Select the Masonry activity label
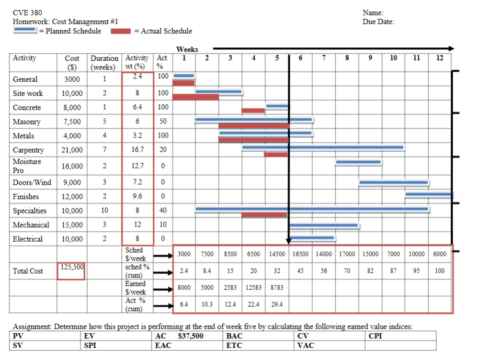pos(27,122)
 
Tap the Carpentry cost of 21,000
pos(72,150)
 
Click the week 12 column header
pos(439,58)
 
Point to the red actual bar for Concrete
pos(253,110)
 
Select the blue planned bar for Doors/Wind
pos(393,183)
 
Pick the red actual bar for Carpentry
pos(276,154)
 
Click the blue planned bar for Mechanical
pos(324,226)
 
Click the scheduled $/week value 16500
pos(301,254)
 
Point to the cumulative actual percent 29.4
pos(277,303)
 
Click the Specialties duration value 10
pos(105,211)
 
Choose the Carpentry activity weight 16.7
pos(137,150)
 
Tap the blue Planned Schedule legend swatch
pos(25,31)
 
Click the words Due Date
pos(378,21)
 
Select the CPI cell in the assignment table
pos(376,336)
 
